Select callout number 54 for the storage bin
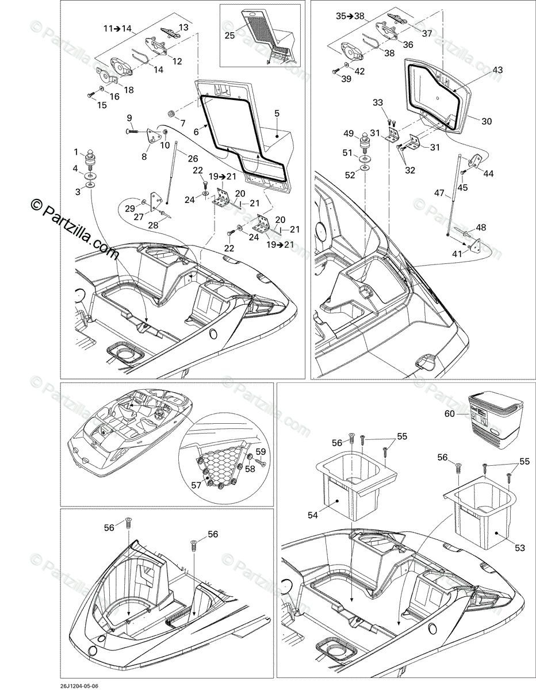pyautogui.click(x=313, y=515)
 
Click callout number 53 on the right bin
pyautogui.click(x=519, y=548)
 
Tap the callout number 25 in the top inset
pyautogui.click(x=229, y=36)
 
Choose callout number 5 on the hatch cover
pyautogui.click(x=277, y=113)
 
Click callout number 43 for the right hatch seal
pyautogui.click(x=497, y=70)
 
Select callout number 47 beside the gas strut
pyautogui.click(x=440, y=194)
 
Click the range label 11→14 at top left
pyautogui.click(x=117, y=28)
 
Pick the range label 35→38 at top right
pyautogui.click(x=350, y=17)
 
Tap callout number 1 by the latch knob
pyautogui.click(x=75, y=152)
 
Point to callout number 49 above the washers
pyautogui.click(x=348, y=134)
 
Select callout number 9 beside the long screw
pyautogui.click(x=130, y=118)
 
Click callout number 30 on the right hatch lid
pyautogui.click(x=486, y=121)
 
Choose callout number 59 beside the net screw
pyautogui.click(x=261, y=451)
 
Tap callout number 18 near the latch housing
pyautogui.click(x=128, y=90)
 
